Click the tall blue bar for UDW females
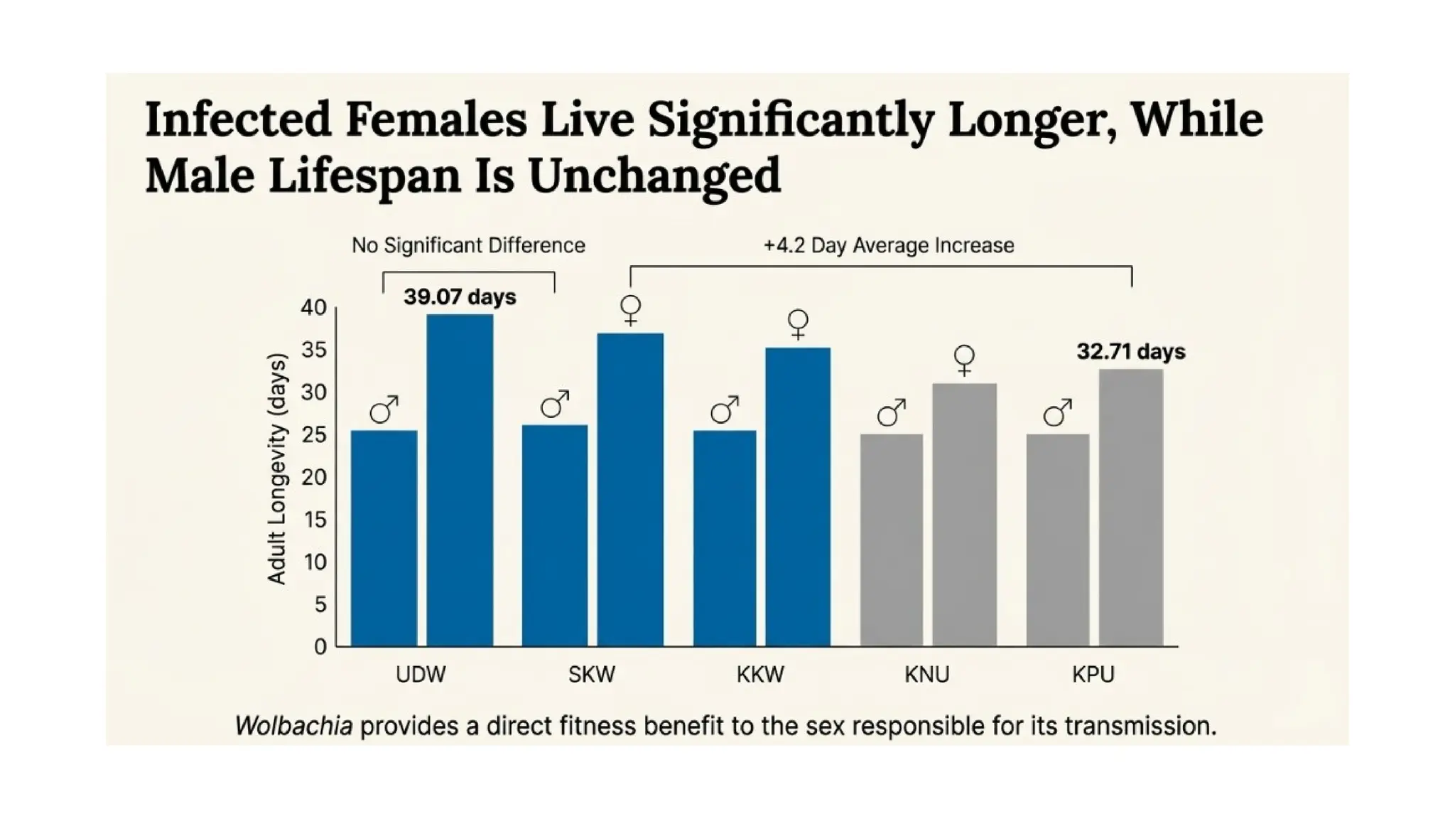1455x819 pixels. tap(460, 480)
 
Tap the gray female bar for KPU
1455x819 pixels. tap(1131, 508)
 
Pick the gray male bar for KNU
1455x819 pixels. tap(892, 540)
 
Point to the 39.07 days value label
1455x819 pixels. tap(460, 297)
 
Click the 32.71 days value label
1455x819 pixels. tap(1131, 352)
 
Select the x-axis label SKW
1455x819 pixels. tap(592, 675)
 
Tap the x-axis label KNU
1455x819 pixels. tap(927, 675)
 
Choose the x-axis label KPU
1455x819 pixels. tap(1093, 675)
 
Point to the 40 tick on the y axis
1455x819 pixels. tap(313, 309)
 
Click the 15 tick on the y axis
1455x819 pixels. tap(315, 520)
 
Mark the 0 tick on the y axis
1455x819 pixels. tap(320, 647)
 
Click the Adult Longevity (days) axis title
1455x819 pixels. tap(276, 469)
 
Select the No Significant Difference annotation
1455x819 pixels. tap(468, 246)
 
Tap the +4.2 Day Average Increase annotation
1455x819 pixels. tap(889, 246)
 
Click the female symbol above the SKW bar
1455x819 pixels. tap(630, 311)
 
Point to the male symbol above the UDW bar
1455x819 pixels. tap(384, 409)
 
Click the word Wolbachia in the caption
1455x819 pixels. tap(293, 726)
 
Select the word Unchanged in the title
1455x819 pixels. tap(654, 175)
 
